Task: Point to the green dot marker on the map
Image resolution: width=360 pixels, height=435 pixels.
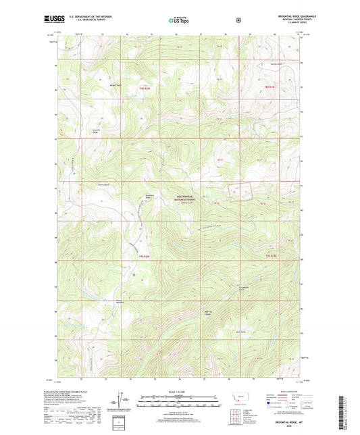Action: tap(134, 275)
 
